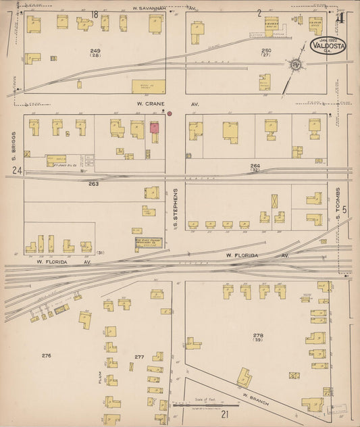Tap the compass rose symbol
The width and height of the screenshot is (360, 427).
(296, 65)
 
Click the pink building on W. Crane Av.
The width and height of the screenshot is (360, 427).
(154, 127)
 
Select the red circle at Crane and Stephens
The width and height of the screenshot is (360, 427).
(170, 114)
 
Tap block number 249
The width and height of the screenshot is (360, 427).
(95, 51)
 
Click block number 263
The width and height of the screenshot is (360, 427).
(93, 183)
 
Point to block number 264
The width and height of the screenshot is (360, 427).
(255, 166)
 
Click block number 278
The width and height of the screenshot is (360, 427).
(258, 336)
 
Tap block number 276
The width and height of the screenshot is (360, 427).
(46, 355)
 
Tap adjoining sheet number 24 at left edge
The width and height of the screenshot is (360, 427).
(14, 171)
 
